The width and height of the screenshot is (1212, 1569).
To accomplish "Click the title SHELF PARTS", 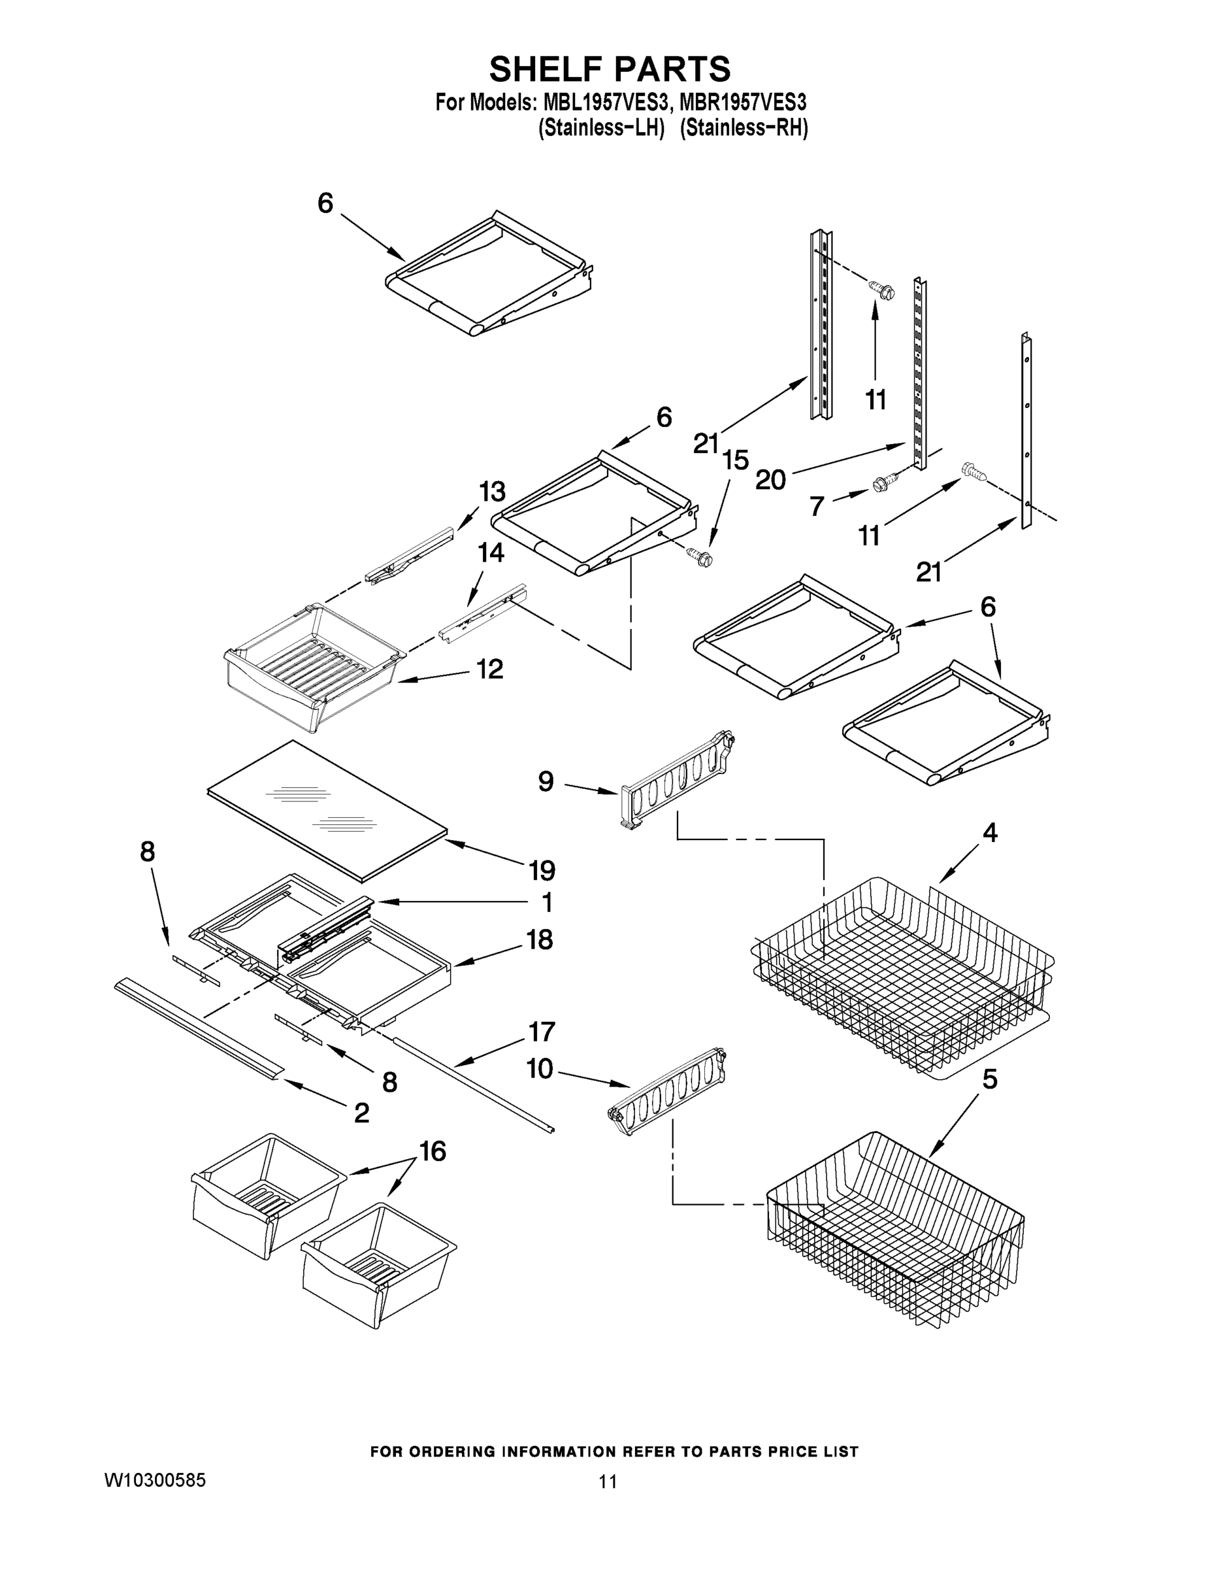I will click(609, 70).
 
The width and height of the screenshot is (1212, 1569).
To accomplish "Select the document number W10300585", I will click(155, 1481).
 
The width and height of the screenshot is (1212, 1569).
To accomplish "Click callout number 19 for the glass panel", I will click(542, 871).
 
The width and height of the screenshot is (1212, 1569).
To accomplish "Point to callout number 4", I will click(990, 834).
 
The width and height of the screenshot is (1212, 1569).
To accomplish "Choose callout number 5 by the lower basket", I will click(989, 1079).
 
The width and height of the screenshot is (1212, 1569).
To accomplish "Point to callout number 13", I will click(493, 492).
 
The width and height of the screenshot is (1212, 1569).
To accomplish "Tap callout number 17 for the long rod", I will click(542, 1032).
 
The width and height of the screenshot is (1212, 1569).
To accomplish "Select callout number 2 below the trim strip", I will click(362, 1113).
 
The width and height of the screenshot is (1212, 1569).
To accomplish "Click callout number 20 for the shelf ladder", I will click(770, 479).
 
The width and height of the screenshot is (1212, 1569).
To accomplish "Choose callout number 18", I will click(540, 939).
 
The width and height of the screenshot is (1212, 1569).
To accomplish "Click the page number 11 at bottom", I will click(608, 1481).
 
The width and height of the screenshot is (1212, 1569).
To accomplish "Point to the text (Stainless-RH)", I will click(744, 129).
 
